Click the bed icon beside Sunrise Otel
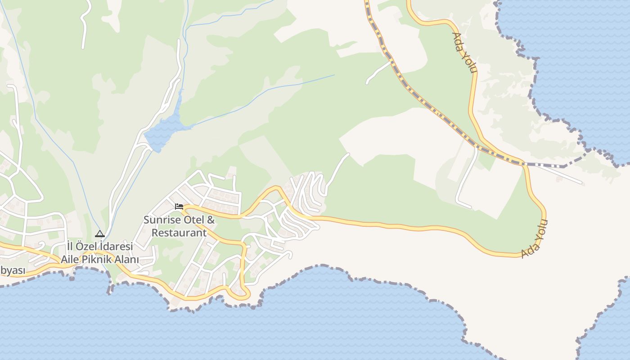click(179, 207)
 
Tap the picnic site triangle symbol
click(100, 234)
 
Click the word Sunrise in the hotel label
click(160, 220)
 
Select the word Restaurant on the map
click(179, 233)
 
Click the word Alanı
click(128, 260)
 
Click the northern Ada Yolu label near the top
click(464, 53)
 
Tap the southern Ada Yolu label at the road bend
click(534, 239)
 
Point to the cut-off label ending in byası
click(12, 271)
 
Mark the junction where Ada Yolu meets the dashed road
click(524, 164)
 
